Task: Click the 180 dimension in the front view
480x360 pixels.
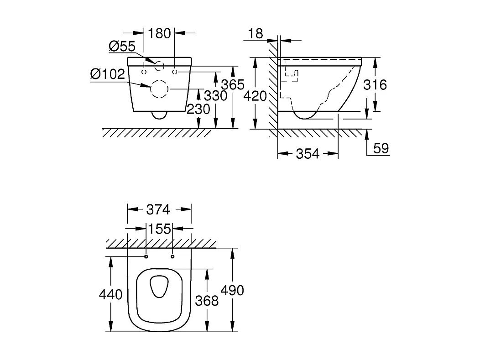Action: [160, 33]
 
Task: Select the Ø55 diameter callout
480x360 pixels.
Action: [122, 46]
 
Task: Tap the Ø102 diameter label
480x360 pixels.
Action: [107, 74]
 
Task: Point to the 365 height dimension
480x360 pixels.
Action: [233, 84]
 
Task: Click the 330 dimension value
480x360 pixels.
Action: [215, 96]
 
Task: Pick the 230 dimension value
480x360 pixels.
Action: [198, 109]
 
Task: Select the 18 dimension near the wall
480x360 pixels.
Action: [256, 33]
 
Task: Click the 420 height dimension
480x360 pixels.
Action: [255, 96]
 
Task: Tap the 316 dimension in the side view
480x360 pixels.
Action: [375, 84]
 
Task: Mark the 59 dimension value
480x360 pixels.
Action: [381, 148]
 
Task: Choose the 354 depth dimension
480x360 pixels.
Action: [308, 154]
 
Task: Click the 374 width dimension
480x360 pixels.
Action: [158, 209]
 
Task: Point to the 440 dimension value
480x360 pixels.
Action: [110, 295]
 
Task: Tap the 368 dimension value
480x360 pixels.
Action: [207, 300]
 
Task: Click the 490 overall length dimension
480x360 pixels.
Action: [232, 290]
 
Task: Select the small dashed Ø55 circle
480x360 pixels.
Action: [159, 66]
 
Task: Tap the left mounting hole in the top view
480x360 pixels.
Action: [146, 257]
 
